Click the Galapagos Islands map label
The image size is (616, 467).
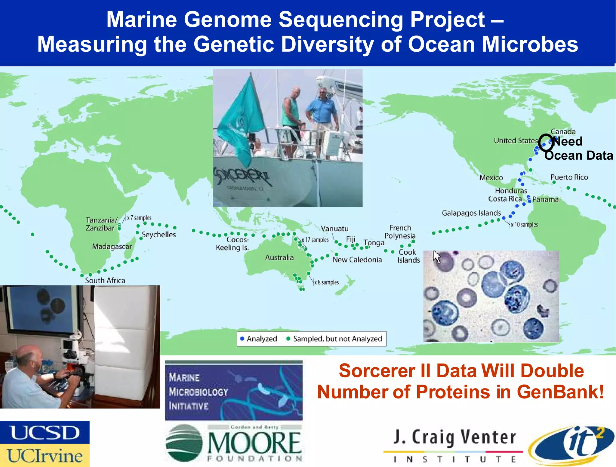[x=471, y=213]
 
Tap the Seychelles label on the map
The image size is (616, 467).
[x=159, y=235]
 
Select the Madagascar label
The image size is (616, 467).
[x=112, y=247]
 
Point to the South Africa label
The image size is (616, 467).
[x=105, y=280]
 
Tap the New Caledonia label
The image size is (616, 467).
[x=357, y=260]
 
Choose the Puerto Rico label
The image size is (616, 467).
[x=569, y=177]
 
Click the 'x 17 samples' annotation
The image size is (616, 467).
[x=316, y=240]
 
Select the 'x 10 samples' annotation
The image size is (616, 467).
[x=524, y=225]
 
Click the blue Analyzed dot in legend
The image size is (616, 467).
[x=242, y=339]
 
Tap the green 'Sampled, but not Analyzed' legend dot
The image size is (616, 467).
[x=288, y=339]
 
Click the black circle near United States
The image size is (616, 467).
[x=546, y=143]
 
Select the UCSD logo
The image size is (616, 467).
[x=45, y=432]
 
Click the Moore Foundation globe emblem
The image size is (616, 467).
[x=184, y=443]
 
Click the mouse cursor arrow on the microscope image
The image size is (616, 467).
[x=436, y=256]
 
